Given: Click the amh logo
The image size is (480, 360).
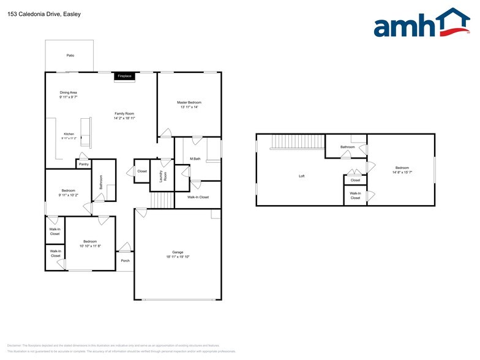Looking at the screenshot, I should tap(417, 24).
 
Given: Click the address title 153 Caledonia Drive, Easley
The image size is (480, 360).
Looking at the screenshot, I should tap(36, 13).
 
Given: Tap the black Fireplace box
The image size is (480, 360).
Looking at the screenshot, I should tap(124, 76).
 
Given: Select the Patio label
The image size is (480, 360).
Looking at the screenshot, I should tap(70, 56).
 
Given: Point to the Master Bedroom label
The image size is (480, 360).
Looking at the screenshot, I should tap(189, 102).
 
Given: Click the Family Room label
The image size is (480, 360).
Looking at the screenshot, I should tap(124, 113).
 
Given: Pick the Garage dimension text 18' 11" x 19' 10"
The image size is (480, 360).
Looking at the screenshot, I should tap(178, 257).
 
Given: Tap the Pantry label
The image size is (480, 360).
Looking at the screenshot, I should tap(83, 164).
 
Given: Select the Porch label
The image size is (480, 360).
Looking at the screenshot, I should tap(125, 261).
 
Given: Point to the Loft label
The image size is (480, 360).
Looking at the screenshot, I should tap(301, 176).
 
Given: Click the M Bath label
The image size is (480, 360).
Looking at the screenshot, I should tap(195, 159).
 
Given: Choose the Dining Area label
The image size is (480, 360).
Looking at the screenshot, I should tap(68, 92).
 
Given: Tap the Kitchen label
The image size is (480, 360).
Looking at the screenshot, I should tap(69, 134).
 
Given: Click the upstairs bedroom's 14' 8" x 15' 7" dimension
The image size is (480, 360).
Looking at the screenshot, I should tap(402, 172).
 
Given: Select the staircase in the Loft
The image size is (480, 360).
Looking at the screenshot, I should tap(298, 142).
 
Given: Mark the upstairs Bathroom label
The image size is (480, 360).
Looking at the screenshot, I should tap(348, 147).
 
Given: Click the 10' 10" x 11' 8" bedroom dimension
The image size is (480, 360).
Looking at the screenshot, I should tap(90, 246).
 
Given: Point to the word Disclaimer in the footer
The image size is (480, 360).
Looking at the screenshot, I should tap(14, 345).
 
